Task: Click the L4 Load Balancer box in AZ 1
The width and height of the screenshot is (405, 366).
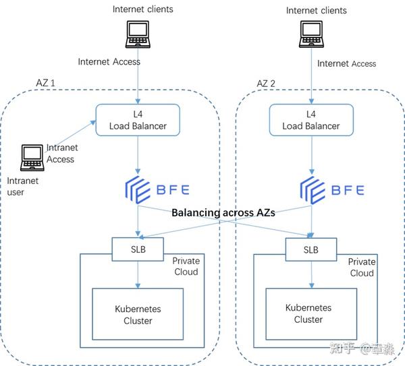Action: point(138,120)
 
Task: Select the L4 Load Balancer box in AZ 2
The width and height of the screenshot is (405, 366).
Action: point(311,120)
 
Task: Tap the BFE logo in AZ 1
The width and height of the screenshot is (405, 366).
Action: point(157,190)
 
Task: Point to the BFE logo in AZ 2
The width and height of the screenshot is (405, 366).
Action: point(332,190)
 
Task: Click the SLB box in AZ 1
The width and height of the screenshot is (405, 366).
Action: point(138,249)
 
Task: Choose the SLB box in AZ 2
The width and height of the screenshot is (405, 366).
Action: point(311,249)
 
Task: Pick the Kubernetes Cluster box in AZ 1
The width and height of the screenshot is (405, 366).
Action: point(138,314)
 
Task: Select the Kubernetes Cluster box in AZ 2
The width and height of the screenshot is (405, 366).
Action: point(311,314)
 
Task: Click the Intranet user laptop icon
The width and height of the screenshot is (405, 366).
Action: point(32,158)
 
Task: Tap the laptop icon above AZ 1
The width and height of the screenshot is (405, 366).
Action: point(138,34)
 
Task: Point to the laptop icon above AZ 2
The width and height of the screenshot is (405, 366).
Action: point(311,34)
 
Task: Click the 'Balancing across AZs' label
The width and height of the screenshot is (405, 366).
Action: point(223,213)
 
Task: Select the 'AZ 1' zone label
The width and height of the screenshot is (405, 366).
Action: point(45,83)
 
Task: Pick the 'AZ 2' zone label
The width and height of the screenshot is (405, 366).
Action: point(266,84)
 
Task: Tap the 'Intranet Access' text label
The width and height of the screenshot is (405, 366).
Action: point(62,154)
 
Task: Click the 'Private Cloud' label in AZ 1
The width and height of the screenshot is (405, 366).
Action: point(186,266)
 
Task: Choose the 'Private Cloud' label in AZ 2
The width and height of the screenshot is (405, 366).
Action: point(362,267)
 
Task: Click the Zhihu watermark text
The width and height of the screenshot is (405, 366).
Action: point(362,348)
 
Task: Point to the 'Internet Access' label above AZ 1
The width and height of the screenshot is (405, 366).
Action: point(109,61)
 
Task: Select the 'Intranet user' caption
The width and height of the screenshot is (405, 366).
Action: point(23,187)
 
